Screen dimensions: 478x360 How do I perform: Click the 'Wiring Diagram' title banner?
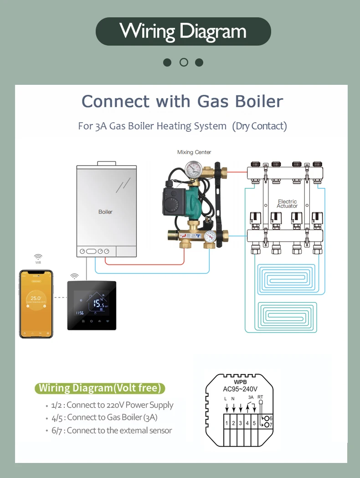pyautogui.click(x=183, y=31)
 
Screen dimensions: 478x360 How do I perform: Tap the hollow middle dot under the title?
pyautogui.click(x=184, y=62)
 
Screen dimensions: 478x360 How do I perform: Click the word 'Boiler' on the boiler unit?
pyautogui.click(x=105, y=212)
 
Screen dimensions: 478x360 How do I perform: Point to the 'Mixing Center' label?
pyautogui.click(x=194, y=152)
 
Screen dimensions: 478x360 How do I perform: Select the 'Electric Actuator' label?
pyautogui.click(x=287, y=203)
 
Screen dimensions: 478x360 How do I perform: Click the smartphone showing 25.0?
pyautogui.click(x=36, y=304)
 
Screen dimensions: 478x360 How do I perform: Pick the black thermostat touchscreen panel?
pyautogui.click(x=92, y=305)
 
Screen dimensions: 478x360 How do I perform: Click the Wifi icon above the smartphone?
pyautogui.click(x=38, y=258)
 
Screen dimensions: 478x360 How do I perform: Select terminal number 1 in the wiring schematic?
pyautogui.click(x=226, y=423)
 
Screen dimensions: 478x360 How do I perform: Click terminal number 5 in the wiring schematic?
pyautogui.click(x=254, y=423)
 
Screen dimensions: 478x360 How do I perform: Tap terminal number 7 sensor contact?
pyautogui.click(x=267, y=425)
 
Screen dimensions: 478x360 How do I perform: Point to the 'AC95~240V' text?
pyautogui.click(x=240, y=389)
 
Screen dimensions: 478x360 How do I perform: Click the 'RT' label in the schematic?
pyautogui.click(x=260, y=397)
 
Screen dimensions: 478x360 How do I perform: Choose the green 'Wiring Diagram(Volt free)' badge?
pyautogui.click(x=100, y=388)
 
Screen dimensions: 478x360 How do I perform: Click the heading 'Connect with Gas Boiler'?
pyautogui.click(x=182, y=101)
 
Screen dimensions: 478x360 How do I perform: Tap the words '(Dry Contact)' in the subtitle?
pyautogui.click(x=260, y=126)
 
